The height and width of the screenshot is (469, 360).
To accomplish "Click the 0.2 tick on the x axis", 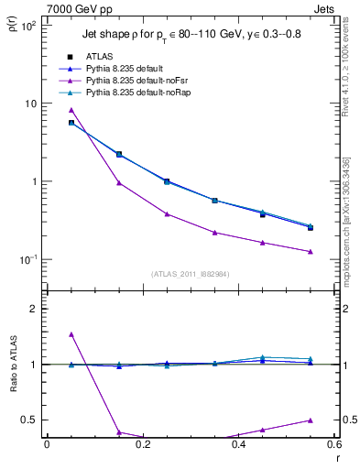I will [143, 445].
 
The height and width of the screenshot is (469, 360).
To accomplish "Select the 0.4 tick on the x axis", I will [239, 445].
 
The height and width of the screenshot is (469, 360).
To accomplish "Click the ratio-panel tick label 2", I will [36, 309].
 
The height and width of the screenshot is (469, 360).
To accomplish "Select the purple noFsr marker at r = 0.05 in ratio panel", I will [71, 334].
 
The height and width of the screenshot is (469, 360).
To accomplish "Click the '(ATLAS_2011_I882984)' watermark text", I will [190, 274].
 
